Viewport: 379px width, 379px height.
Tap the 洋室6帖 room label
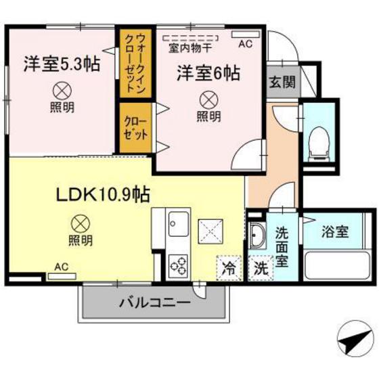[x=208, y=71]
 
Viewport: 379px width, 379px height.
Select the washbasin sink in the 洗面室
[x=259, y=237]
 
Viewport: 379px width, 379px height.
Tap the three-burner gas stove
[x=179, y=263]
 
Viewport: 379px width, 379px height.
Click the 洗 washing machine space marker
[x=261, y=267]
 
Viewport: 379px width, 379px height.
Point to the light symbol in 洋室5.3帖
[x=62, y=89]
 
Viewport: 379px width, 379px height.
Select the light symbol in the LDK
[x=81, y=223]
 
